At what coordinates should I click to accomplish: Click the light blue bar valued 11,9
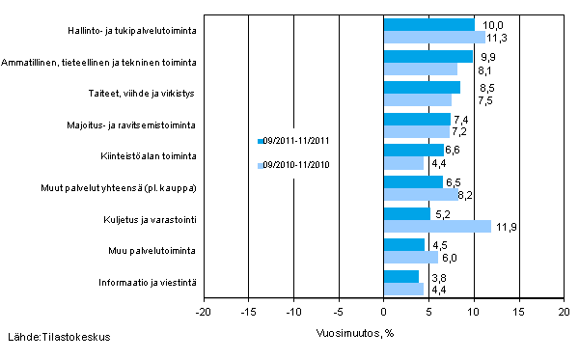coord(437,226)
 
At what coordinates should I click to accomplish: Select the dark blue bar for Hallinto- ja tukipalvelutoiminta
coord(428,24)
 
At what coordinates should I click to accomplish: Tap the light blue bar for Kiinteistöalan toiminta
coord(403,163)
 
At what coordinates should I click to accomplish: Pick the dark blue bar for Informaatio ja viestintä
coord(400,276)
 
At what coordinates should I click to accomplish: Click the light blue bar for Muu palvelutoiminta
coord(410,257)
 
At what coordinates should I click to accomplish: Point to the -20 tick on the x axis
coord(203,313)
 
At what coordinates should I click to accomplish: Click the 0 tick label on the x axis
coord(383,313)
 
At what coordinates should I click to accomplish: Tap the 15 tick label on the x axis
coord(519,313)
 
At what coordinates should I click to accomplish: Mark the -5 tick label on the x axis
coord(338,313)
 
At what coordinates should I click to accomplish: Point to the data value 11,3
coord(499,39)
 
